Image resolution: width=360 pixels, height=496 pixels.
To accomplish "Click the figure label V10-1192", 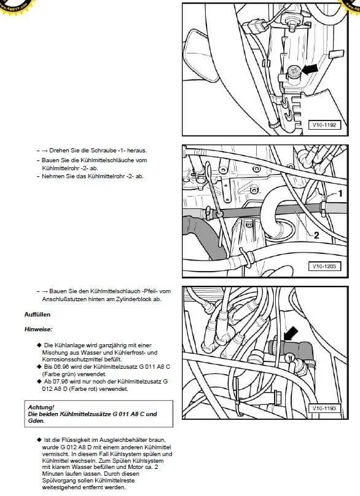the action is click(324, 125).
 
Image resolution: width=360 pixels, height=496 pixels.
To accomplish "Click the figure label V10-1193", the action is click(324, 408).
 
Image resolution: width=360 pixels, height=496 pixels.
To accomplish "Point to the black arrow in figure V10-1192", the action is click(310, 69).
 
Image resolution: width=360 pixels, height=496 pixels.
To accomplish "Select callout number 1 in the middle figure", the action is click(340, 193).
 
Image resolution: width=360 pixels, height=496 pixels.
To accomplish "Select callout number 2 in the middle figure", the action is click(316, 235).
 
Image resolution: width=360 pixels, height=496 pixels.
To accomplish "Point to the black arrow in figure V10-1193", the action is click(291, 333).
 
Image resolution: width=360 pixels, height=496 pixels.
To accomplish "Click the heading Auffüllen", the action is click(37, 315).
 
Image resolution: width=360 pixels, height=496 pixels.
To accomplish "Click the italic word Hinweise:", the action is click(38, 329).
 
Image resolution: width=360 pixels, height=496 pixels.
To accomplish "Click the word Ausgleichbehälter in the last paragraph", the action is click(121, 440).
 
